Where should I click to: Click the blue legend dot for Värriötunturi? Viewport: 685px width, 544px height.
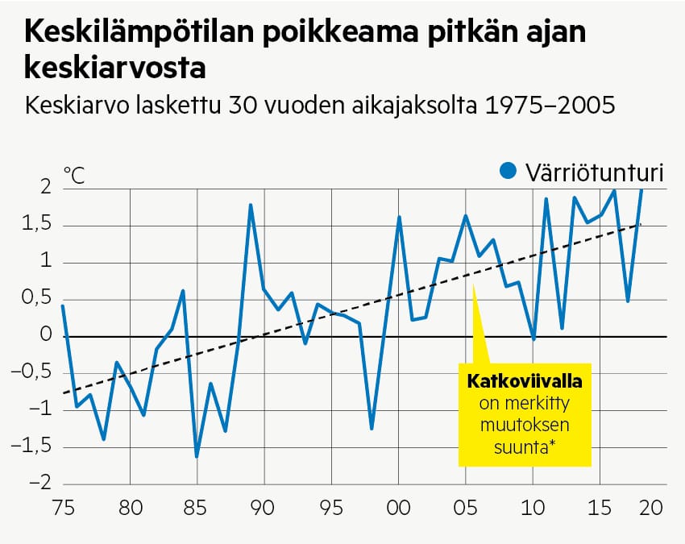pyautogui.click(x=508, y=171)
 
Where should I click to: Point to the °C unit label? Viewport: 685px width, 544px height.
pyautogui.click(x=73, y=176)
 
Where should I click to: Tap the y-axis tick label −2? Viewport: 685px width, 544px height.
pyautogui.click(x=36, y=484)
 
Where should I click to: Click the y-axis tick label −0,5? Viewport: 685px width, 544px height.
pyautogui.click(x=33, y=373)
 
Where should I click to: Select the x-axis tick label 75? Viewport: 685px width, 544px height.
pyautogui.click(x=63, y=509)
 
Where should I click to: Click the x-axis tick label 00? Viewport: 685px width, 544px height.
pyautogui.click(x=398, y=509)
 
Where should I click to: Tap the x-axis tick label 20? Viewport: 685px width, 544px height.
pyautogui.click(x=651, y=509)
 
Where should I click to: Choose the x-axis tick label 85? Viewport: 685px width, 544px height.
pyautogui.click(x=197, y=509)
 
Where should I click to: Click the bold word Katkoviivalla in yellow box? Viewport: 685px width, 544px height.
pyautogui.click(x=524, y=380)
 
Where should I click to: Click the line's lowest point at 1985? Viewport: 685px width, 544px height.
pyautogui.click(x=197, y=456)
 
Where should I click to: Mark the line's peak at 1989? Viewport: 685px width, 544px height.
pyautogui.click(x=251, y=205)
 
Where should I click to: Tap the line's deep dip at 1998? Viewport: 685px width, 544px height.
pyautogui.click(x=372, y=428)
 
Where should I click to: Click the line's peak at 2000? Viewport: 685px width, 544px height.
pyautogui.click(x=399, y=217)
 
